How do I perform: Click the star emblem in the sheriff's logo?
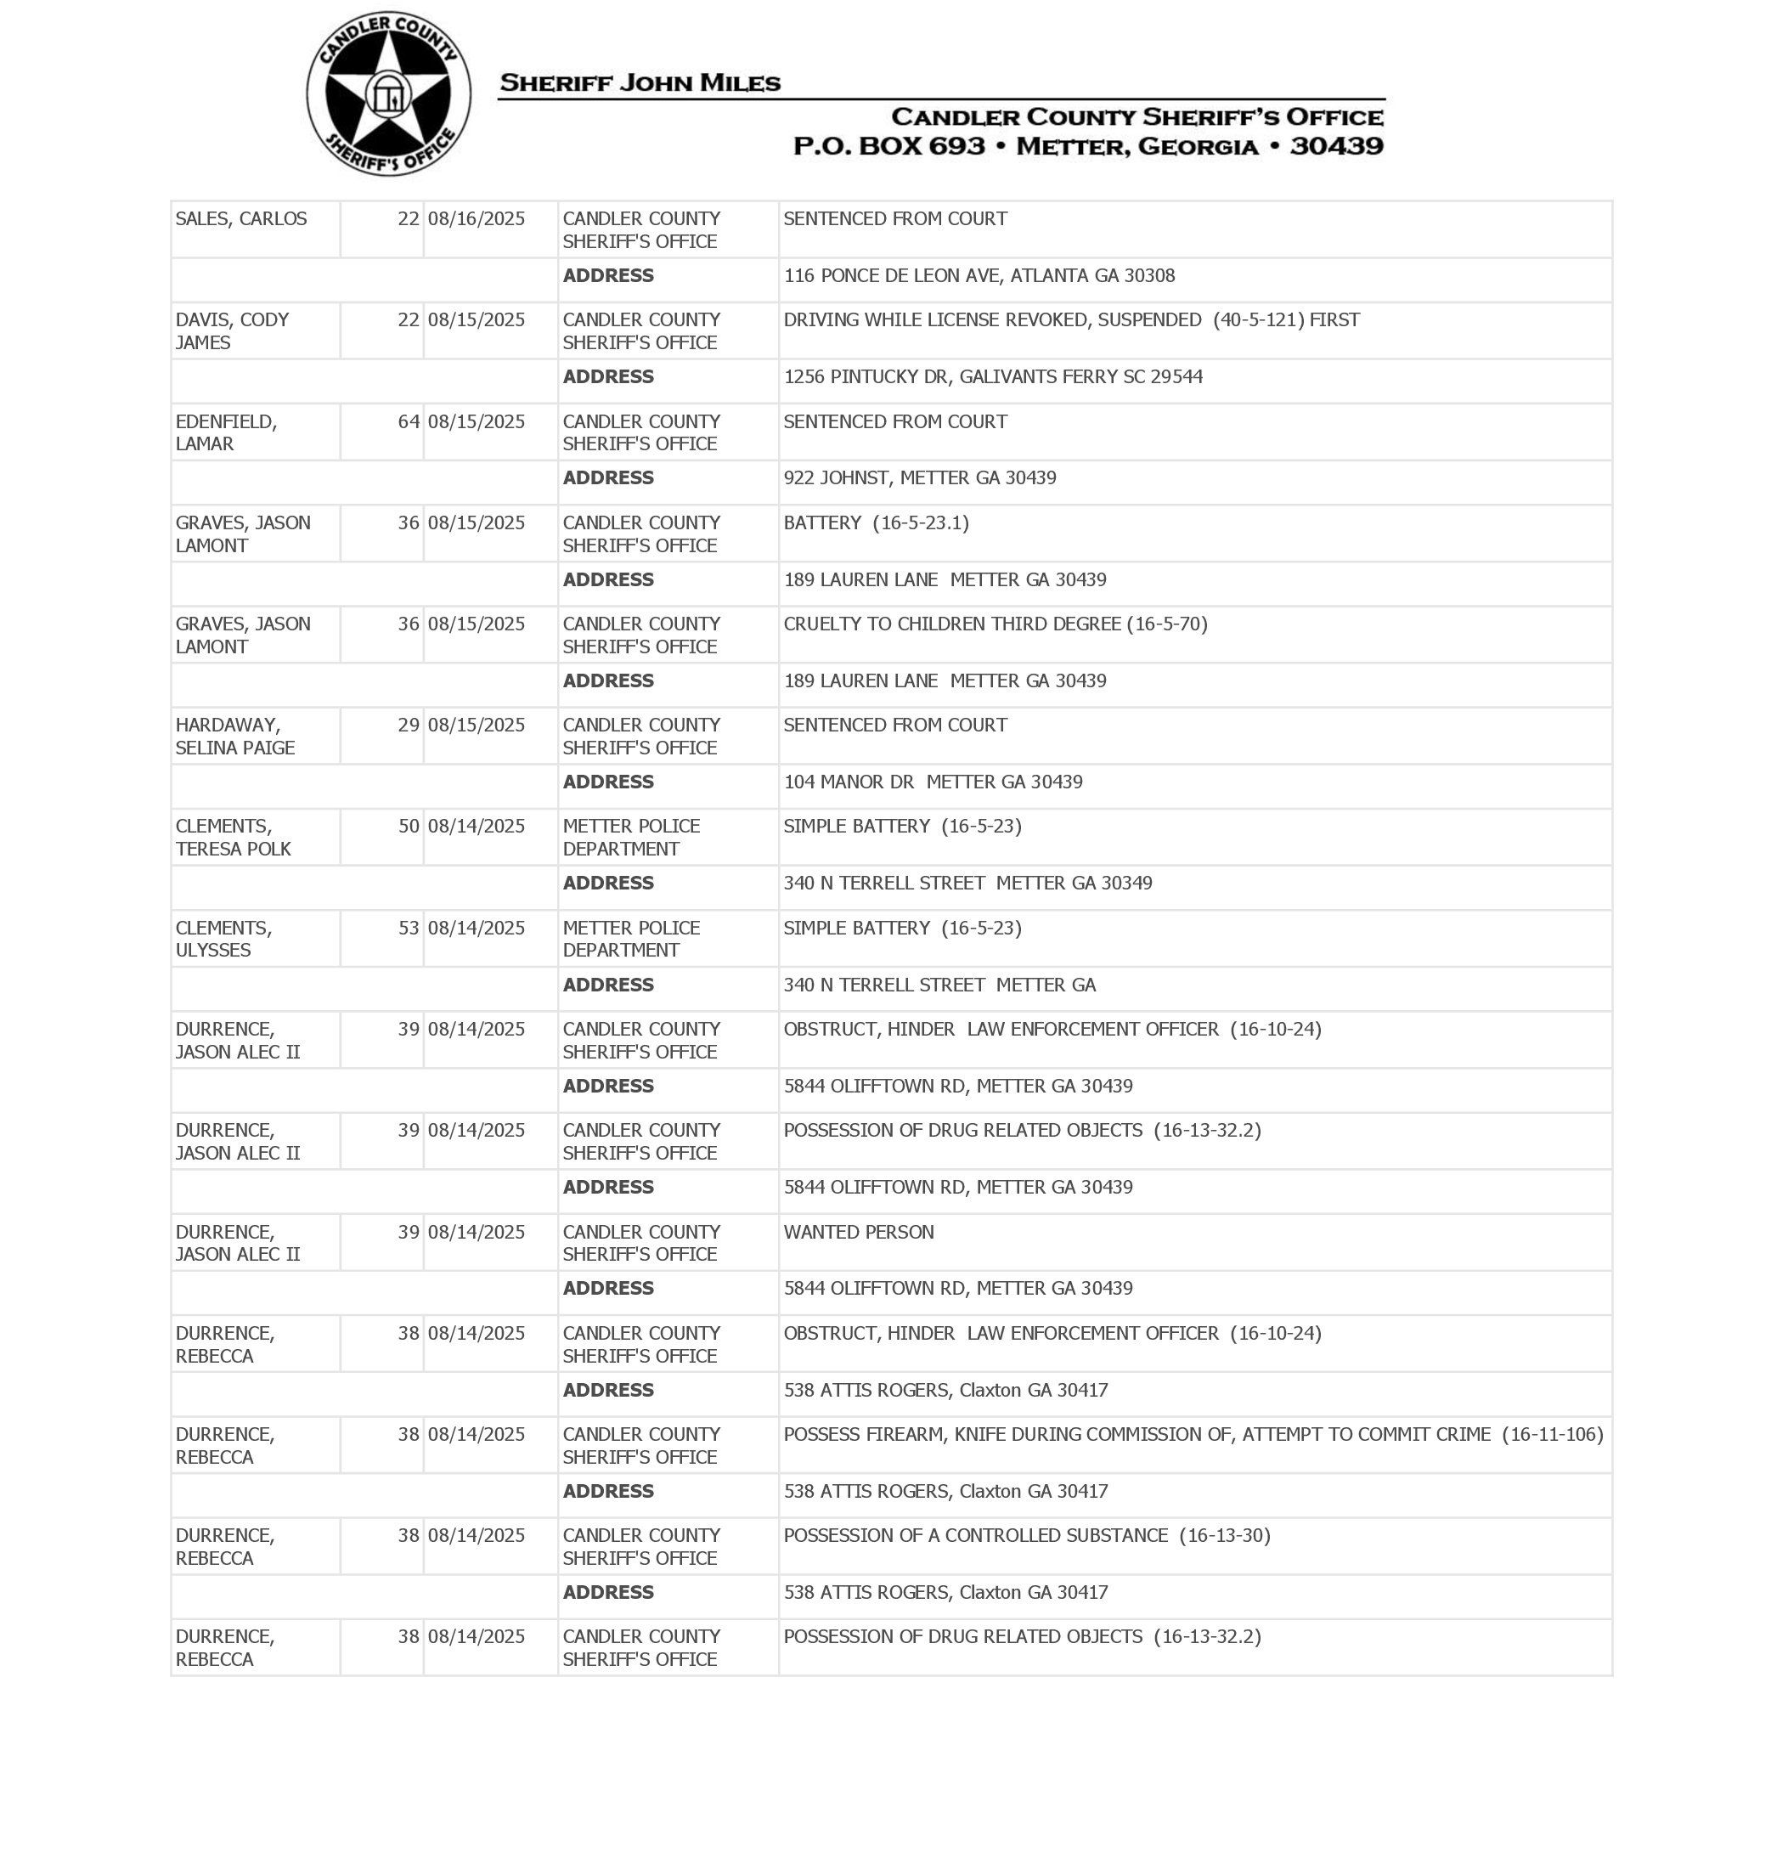tap(388, 93)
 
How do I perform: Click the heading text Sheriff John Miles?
tap(640, 83)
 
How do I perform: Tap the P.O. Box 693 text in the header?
tap(888, 146)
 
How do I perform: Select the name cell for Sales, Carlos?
tap(241, 219)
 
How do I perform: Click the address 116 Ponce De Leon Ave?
tap(979, 276)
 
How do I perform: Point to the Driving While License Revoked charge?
tap(1070, 320)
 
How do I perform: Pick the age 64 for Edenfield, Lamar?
tap(408, 421)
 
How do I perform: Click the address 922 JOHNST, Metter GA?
tap(919, 477)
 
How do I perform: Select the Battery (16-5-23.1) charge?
tap(875, 522)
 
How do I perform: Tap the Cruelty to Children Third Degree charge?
tap(994, 624)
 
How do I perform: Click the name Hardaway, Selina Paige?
tap(234, 736)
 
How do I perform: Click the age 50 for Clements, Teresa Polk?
tap(408, 827)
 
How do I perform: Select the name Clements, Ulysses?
tap(224, 939)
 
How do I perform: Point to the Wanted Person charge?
tap(858, 1231)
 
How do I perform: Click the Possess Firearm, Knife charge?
tap(1193, 1433)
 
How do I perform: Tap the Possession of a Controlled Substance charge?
tap(1025, 1534)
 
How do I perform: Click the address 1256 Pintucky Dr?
tap(992, 376)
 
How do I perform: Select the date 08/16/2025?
tap(476, 219)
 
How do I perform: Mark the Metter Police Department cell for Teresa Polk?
tap(631, 837)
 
